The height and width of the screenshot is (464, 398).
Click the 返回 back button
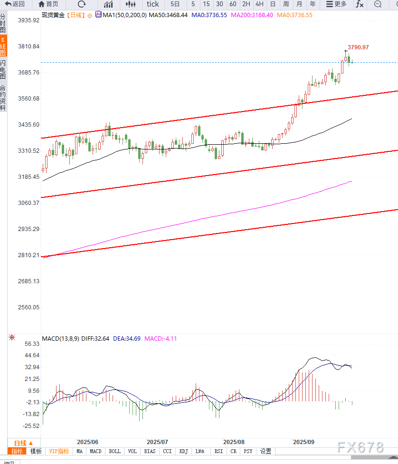[x=15, y=4]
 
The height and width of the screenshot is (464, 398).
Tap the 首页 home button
[x=48, y=4]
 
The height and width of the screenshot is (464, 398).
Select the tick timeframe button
[x=153, y=4]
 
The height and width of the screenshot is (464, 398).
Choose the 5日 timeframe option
[x=175, y=4]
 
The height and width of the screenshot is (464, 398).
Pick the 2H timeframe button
[x=246, y=4]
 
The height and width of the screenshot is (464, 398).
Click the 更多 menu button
[x=337, y=4]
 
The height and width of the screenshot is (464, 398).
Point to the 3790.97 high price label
[x=358, y=47]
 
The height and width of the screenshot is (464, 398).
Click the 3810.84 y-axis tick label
[x=28, y=46]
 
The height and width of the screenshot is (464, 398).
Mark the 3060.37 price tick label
[x=28, y=203]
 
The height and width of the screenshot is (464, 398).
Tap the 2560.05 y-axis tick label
[x=28, y=307]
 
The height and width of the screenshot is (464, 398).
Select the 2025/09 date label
[x=303, y=442]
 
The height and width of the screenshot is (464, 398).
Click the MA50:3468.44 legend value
[x=168, y=15]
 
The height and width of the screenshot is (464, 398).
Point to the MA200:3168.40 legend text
[x=252, y=15]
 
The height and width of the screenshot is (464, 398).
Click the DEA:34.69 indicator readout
[x=126, y=339]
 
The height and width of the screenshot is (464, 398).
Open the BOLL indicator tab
[x=115, y=451]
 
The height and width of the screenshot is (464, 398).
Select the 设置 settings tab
[x=266, y=451]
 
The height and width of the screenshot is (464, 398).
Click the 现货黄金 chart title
[x=53, y=15]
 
